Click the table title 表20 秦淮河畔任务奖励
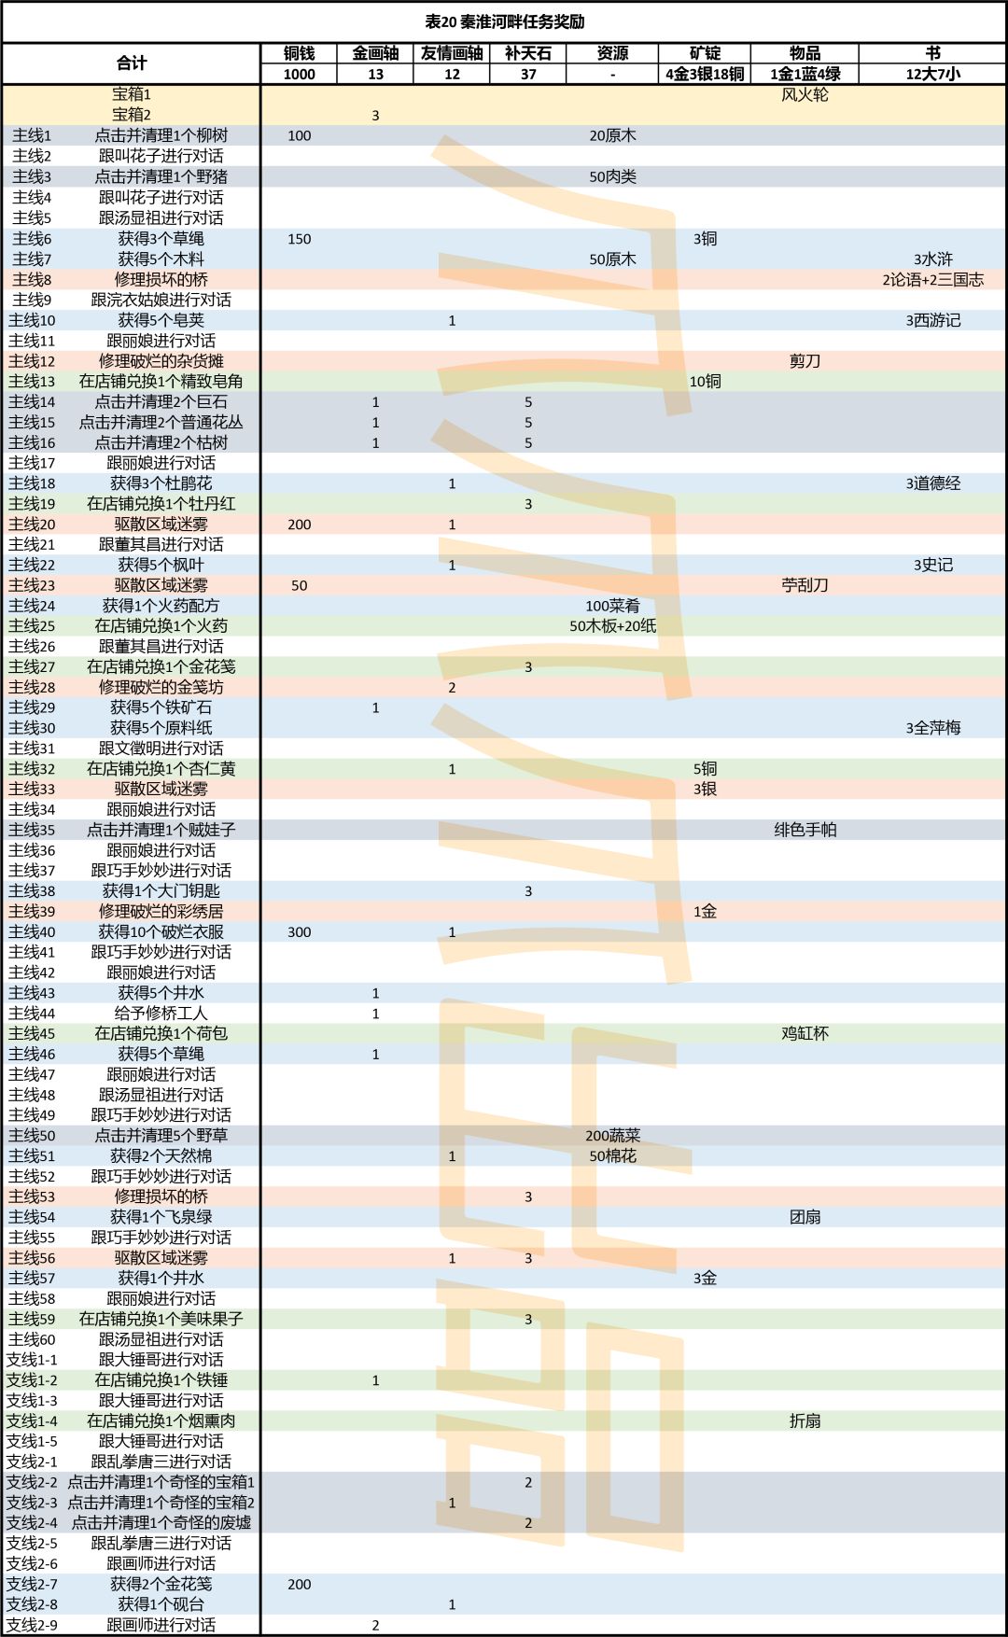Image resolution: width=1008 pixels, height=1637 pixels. click(504, 21)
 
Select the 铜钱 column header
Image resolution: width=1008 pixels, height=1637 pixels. click(299, 53)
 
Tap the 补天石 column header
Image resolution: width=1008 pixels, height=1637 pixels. click(528, 53)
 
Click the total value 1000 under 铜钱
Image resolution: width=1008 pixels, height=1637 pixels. click(299, 75)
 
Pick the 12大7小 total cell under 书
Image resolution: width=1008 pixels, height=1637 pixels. click(932, 75)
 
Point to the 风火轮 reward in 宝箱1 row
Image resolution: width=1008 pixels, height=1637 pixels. click(805, 94)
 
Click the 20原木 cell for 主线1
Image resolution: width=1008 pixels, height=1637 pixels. click(612, 135)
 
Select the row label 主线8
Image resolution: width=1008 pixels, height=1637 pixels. click(32, 279)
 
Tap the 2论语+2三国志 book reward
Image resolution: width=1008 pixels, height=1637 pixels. click(932, 279)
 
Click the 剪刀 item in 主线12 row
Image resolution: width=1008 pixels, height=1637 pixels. click(805, 361)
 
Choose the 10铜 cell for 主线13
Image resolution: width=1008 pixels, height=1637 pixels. click(705, 382)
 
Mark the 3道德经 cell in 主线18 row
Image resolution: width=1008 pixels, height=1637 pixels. click(932, 483)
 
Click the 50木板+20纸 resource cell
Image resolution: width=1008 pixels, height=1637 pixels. click(612, 626)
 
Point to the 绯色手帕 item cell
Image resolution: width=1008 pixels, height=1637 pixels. click(805, 830)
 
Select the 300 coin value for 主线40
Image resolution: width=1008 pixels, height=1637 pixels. click(299, 931)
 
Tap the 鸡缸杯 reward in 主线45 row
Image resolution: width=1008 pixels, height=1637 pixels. click(805, 1033)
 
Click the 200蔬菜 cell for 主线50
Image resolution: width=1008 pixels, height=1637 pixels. click(612, 1136)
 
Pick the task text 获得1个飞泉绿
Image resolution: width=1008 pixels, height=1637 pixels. click(161, 1217)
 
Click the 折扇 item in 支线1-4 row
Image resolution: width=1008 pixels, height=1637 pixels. click(805, 1420)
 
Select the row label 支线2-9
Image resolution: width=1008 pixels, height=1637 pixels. click(32, 1625)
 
